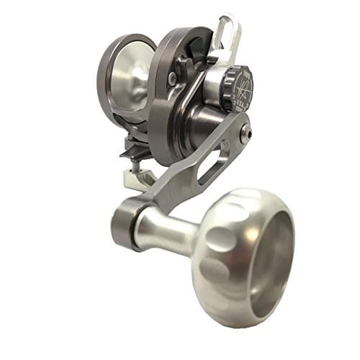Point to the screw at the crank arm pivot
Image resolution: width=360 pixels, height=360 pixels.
point(246,130)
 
